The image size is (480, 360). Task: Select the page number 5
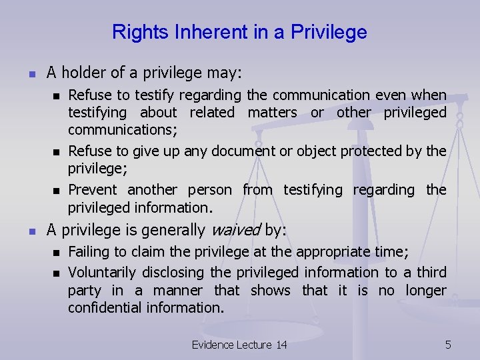(448, 345)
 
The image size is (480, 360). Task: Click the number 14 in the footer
(281, 345)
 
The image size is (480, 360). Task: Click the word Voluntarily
(104, 272)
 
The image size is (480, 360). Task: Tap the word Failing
(89, 253)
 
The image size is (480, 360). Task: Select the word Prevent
(93, 190)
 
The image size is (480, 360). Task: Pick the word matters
(272, 113)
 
